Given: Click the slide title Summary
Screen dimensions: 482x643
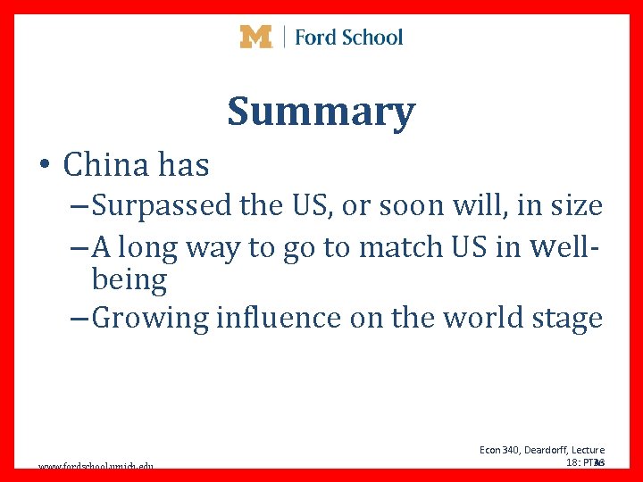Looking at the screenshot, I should [x=321, y=112].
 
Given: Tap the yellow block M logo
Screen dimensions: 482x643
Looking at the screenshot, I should [x=255, y=37].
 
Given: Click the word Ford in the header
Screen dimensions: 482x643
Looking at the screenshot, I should [x=314, y=37].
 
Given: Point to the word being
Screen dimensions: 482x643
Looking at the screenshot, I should [x=129, y=280].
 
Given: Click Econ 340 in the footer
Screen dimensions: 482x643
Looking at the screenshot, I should [x=497, y=450].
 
